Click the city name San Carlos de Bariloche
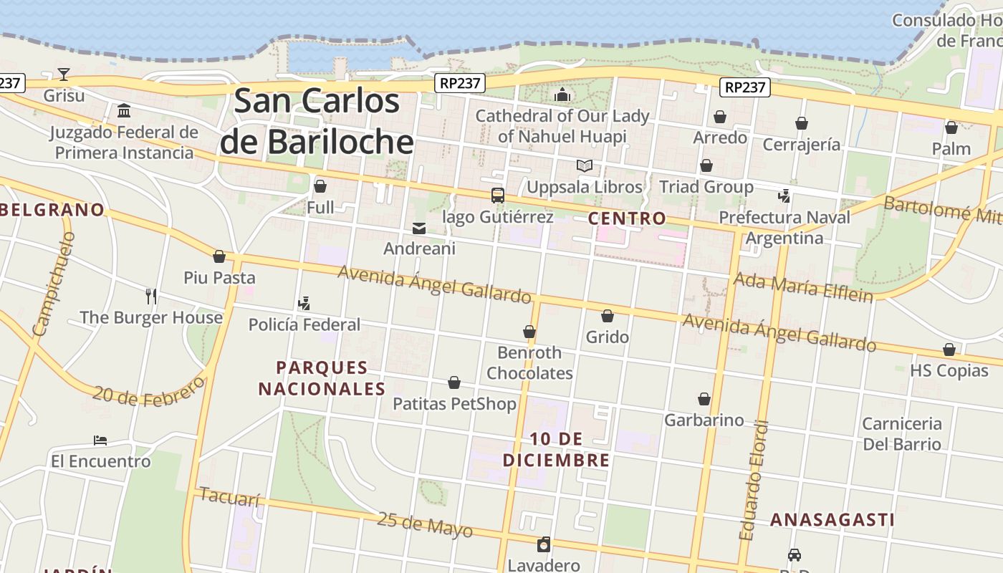point(317,120)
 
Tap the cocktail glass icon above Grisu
point(64,74)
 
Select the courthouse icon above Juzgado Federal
point(124,110)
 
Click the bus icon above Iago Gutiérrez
point(497,195)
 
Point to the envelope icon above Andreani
point(419,228)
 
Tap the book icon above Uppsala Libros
point(585,165)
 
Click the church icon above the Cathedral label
point(562,95)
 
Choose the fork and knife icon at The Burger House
point(151,296)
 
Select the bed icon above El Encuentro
point(100,440)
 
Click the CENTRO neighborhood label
point(627,218)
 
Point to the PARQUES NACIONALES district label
point(322,378)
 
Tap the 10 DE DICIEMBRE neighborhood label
point(556,449)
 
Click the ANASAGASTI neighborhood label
point(832,520)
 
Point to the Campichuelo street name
point(52,284)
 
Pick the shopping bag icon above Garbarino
point(704,399)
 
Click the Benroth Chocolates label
point(529,362)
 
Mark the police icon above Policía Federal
point(304,303)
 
